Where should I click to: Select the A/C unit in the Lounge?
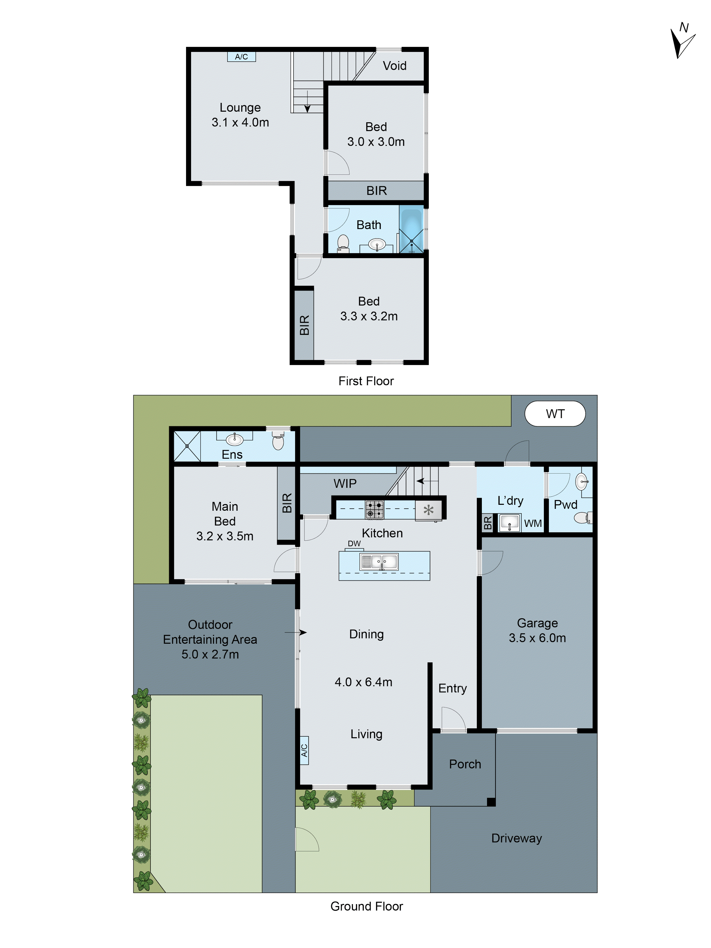(x=241, y=57)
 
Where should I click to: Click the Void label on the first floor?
(x=394, y=66)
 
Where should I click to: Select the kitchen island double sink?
(x=379, y=561)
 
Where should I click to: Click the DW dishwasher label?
(x=354, y=543)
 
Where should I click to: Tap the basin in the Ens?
(x=234, y=439)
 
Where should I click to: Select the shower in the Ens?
(x=187, y=446)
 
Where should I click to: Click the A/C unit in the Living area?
(x=304, y=750)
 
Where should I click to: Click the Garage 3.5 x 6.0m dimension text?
(x=537, y=638)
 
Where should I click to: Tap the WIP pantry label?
(x=345, y=483)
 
